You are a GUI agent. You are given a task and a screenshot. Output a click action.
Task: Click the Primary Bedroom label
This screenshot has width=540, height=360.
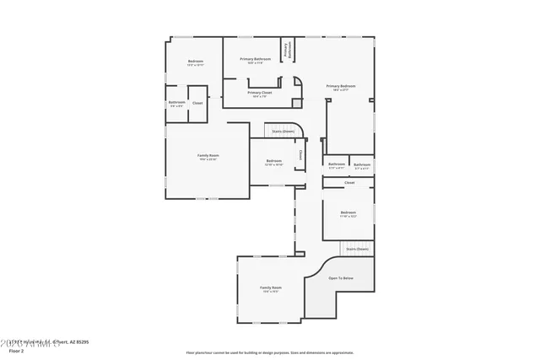[341, 86]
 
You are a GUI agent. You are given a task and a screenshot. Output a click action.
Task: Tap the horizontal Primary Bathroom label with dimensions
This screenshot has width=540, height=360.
[255, 59]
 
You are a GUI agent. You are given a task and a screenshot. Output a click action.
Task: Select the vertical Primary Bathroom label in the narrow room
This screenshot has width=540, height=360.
[287, 50]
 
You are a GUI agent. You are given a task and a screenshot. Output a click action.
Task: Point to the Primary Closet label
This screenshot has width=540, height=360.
[259, 93]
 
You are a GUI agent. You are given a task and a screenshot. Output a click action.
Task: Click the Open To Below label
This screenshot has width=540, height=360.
[341, 278]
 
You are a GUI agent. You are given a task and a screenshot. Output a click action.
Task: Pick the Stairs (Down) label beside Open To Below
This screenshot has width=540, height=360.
[358, 249]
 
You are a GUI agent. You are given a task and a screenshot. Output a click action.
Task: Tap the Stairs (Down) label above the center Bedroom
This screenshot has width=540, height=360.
[283, 132]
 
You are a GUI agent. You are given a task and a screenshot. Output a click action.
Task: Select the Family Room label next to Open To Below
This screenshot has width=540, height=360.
[271, 287]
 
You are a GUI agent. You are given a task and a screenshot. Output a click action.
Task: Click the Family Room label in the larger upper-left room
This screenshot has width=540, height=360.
[208, 156]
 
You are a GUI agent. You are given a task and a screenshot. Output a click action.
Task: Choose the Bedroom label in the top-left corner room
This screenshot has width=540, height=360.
[195, 62]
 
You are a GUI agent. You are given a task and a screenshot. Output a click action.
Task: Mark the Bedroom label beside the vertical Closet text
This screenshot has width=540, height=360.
[274, 161]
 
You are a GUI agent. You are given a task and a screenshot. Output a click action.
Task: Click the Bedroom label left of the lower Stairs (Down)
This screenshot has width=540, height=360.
[348, 212]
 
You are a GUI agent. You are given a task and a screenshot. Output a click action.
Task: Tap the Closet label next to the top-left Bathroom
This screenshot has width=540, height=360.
[197, 103]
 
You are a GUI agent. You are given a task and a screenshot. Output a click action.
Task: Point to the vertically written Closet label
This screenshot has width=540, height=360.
[300, 155]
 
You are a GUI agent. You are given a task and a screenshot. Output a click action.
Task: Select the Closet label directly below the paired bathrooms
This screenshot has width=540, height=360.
[349, 182]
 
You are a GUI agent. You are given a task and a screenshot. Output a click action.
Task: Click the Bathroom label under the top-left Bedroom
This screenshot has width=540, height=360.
[177, 103]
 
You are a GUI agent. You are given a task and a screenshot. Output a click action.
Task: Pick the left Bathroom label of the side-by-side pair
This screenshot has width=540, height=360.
[337, 164]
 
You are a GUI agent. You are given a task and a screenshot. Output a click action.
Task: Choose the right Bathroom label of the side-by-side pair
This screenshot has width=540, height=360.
[362, 164]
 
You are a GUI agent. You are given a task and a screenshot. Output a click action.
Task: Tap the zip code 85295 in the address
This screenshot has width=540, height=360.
[82, 342]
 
